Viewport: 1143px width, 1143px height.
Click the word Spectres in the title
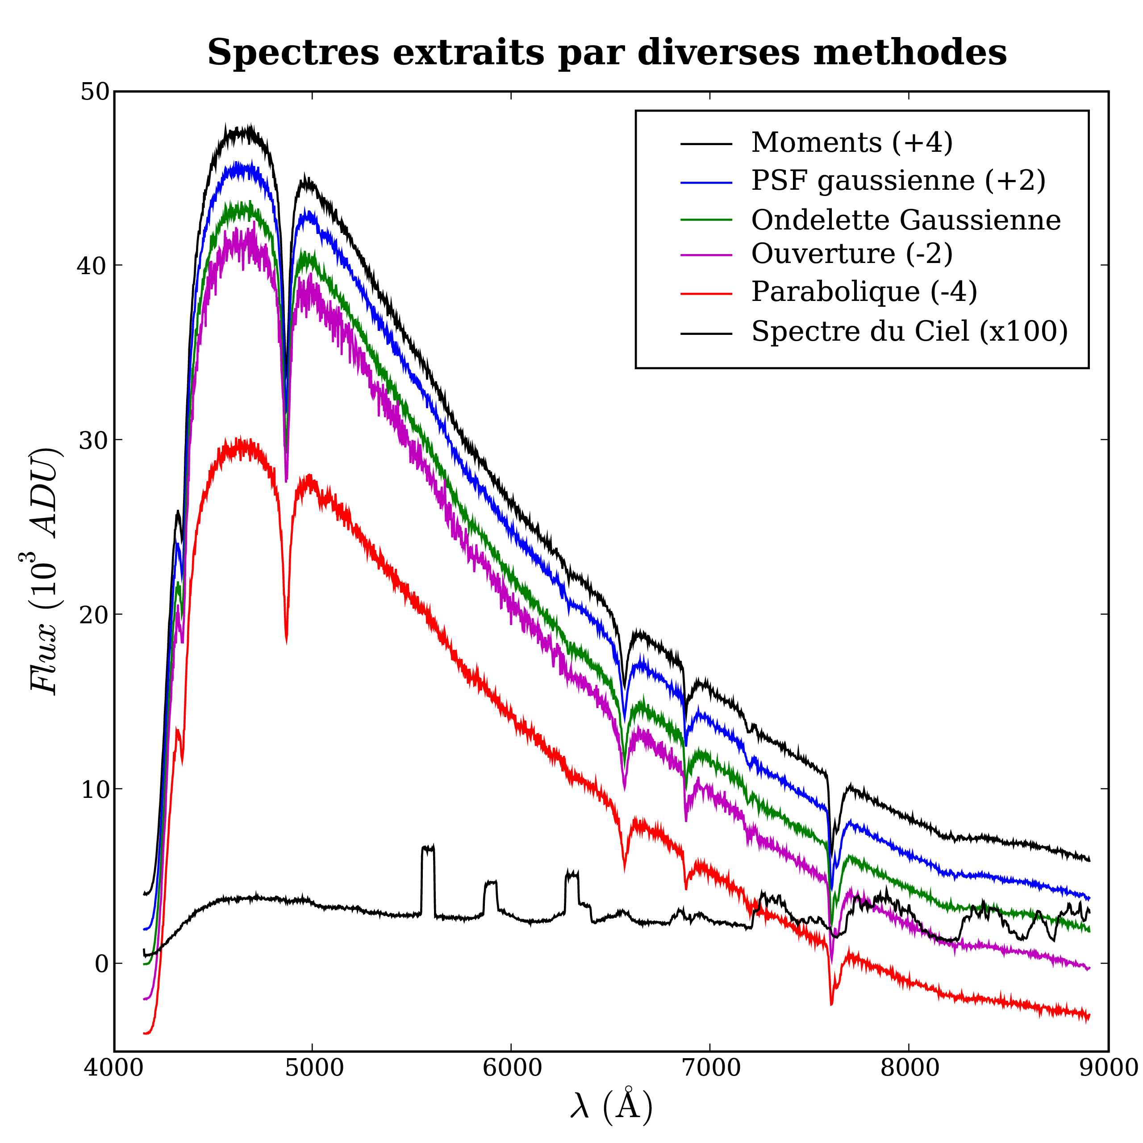coord(293,53)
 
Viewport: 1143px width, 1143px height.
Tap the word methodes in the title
coord(910,53)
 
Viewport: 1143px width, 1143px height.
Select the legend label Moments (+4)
coord(852,142)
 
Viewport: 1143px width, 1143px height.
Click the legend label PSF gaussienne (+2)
coord(898,180)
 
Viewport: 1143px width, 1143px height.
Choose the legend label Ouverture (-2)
coord(852,254)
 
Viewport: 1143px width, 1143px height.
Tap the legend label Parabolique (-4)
coord(864,292)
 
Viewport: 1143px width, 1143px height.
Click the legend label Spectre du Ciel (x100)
coord(909,331)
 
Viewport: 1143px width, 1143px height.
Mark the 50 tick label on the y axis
coord(95,92)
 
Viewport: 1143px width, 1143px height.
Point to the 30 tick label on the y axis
coord(95,441)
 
